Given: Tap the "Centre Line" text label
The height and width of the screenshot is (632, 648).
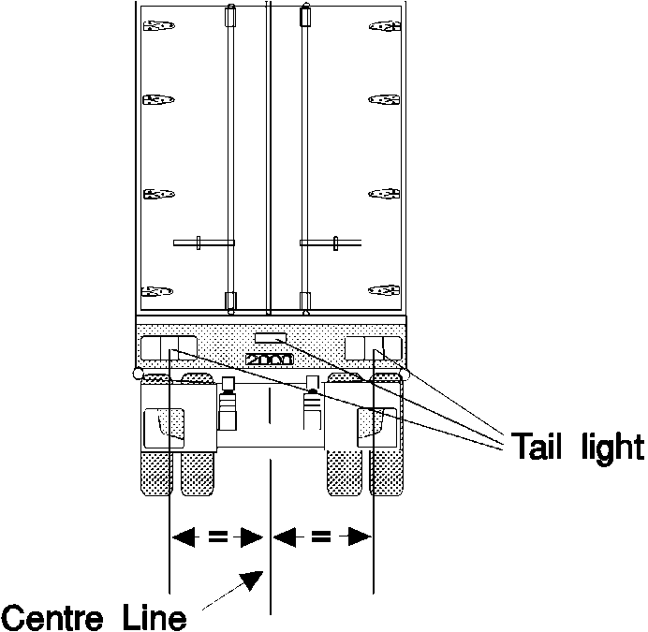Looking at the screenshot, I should (93, 617).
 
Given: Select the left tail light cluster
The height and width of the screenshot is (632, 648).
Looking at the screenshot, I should (169, 348).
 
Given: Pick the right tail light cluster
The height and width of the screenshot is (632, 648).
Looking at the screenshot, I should (373, 348).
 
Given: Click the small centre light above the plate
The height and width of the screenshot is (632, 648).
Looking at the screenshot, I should (270, 337).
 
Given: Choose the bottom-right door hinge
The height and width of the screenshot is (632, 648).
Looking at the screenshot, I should (384, 290).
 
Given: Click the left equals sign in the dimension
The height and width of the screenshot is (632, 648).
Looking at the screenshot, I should (217, 537).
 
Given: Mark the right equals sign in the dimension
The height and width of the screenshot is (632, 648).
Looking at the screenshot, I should (322, 537).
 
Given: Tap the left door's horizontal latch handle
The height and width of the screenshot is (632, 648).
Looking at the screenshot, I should (203, 243).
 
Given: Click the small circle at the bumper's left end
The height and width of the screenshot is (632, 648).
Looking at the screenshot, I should (139, 375).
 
